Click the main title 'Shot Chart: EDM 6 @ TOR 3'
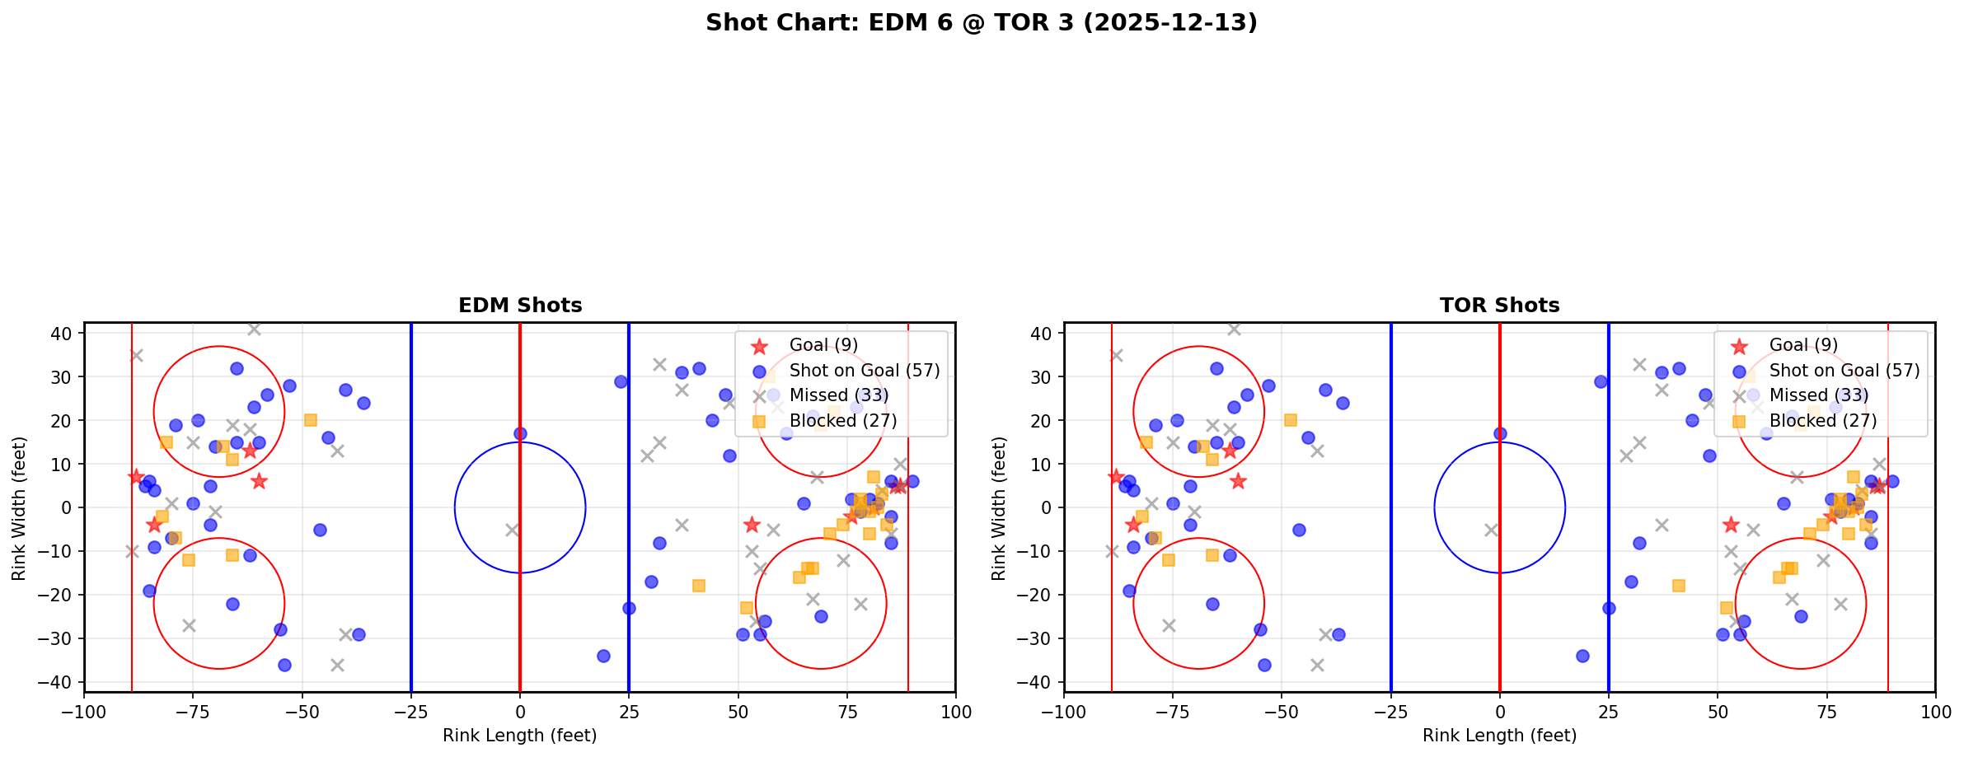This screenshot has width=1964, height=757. point(981,23)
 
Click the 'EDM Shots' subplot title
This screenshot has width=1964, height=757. point(520,306)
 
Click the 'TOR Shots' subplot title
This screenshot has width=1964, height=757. point(1499,306)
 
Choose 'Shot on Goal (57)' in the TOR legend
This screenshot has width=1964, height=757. point(1844,371)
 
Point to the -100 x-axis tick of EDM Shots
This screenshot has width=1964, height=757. point(85,712)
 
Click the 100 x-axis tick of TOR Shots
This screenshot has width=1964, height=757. point(1935,712)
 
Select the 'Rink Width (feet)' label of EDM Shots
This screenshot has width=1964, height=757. point(19,507)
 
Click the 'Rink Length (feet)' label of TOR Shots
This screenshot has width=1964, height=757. point(1499,736)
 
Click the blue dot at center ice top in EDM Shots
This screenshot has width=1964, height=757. point(520,433)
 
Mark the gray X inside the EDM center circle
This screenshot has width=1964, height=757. point(512,530)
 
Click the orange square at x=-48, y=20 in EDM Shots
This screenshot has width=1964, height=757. point(311,420)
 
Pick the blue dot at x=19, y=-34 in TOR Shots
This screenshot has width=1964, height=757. point(1582,656)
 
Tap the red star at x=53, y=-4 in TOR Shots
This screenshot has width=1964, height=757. point(1731,525)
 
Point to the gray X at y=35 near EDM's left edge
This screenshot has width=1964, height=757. point(137,355)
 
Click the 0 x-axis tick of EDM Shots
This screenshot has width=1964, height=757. point(520,712)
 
